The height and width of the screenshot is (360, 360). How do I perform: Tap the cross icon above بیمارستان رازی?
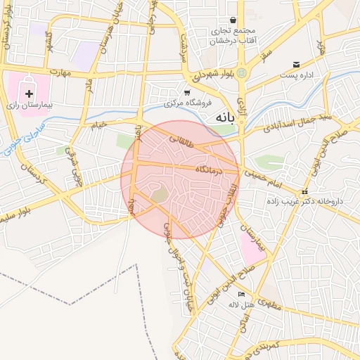(29, 93)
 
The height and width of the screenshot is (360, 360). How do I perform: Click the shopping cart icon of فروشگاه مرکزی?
(187, 92)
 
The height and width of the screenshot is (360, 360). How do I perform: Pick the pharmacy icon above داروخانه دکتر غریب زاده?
(304, 192)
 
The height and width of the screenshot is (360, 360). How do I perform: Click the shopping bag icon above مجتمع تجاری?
(233, 20)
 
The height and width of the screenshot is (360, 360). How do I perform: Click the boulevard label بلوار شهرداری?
(206, 74)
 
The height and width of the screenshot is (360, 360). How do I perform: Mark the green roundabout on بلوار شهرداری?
(242, 72)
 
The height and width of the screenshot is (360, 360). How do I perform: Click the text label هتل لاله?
(240, 304)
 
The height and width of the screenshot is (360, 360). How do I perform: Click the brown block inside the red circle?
(160, 193)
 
